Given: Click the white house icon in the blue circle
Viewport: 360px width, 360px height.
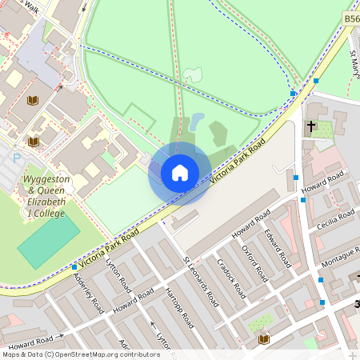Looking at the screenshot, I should coord(180,173).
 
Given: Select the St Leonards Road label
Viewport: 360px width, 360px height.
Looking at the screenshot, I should coord(200,282).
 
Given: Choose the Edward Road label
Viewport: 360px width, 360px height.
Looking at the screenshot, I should coord(278,249).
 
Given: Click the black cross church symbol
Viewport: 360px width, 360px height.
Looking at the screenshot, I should coord(310,126).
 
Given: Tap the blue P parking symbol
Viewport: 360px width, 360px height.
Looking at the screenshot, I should coord(17,158).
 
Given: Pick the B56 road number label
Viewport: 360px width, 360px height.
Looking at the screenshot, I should coord(351,18).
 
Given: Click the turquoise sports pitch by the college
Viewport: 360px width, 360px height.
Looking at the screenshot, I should coord(49,241).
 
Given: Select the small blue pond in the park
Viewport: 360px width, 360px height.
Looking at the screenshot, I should coord(197,122).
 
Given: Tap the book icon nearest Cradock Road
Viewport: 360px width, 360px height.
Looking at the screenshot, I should coord(263,340).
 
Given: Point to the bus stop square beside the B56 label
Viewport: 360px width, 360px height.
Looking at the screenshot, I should coord(316,81).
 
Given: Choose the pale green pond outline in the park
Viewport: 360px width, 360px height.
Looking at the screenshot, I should coord(192,75).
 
